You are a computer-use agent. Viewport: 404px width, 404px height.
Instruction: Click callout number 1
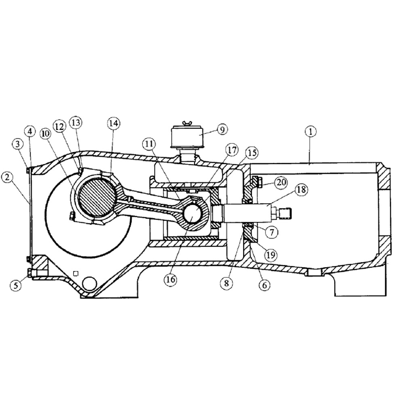(310, 132)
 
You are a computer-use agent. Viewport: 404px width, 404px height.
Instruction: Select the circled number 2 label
(7, 176)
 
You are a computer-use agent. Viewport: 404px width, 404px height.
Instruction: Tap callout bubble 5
(15, 285)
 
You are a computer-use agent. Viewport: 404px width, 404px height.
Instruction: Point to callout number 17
(232, 150)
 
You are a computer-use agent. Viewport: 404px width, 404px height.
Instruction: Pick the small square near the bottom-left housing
(74, 273)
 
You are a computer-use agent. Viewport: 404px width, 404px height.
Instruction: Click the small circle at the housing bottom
(89, 284)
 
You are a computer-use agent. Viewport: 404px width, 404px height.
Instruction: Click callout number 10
(45, 133)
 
